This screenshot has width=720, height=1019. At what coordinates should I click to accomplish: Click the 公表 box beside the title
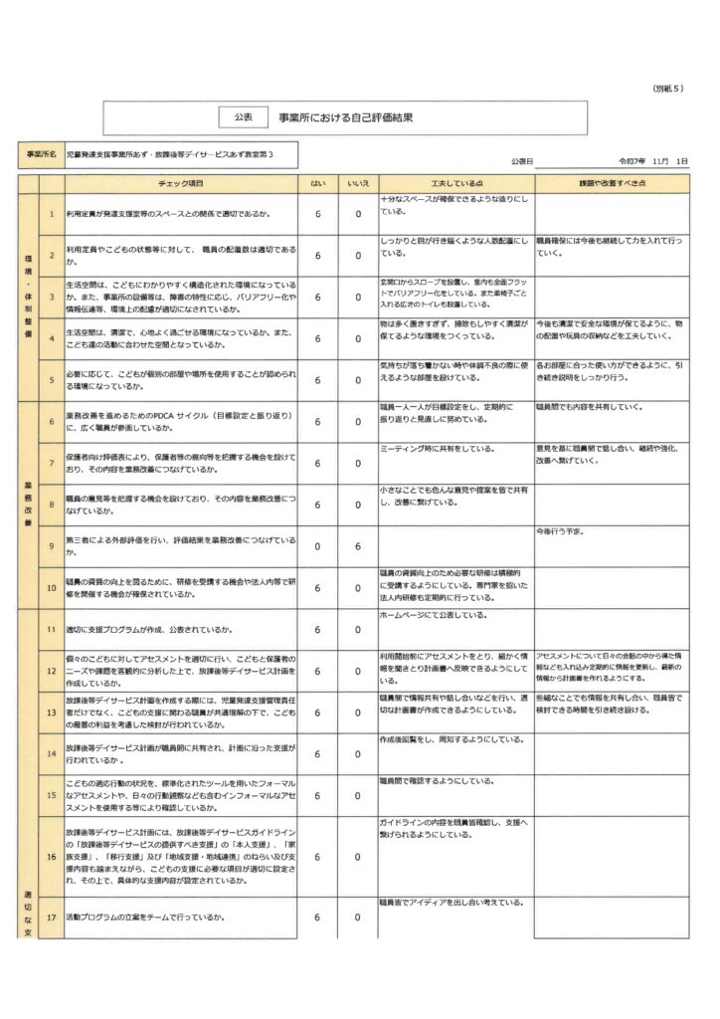pos(242,117)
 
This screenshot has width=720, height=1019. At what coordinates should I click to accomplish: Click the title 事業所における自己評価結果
pos(345,117)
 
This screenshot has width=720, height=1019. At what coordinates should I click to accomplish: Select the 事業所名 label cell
pos(41,156)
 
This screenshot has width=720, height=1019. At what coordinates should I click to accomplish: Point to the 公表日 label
pos(519,160)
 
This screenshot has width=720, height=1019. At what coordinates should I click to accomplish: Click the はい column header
pos(317,184)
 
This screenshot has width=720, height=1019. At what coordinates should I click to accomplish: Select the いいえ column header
pos(357,184)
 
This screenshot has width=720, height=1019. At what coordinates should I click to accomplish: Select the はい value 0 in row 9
pos(317,546)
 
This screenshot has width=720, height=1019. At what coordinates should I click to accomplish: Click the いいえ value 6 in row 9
pos(357,546)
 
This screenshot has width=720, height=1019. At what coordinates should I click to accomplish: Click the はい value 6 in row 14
pos(317,754)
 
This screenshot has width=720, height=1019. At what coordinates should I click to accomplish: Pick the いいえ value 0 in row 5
pos(357,380)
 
